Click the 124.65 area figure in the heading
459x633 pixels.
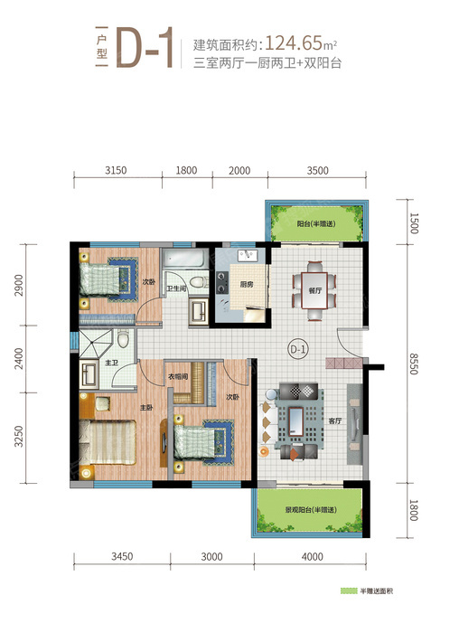(294, 43)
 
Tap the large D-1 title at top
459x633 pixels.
(145, 48)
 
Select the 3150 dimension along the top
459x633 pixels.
(116, 170)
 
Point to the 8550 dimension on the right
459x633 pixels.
(414, 364)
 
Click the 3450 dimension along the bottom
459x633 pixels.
(122, 556)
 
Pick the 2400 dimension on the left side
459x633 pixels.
(19, 358)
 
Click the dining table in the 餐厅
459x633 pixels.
(314, 290)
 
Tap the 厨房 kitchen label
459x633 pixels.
(247, 285)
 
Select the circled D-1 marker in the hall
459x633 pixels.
(298, 349)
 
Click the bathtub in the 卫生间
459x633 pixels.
(184, 259)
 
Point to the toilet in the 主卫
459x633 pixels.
(123, 338)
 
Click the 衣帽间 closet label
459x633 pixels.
(178, 377)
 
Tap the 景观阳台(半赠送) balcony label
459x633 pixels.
(311, 510)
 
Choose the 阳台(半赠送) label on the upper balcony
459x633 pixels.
(316, 223)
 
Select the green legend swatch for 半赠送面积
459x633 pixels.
(349, 591)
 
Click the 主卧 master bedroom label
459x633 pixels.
(146, 408)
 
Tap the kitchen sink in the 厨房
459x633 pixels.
(248, 256)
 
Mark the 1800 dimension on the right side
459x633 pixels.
(414, 510)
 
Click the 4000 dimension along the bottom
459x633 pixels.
(313, 556)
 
